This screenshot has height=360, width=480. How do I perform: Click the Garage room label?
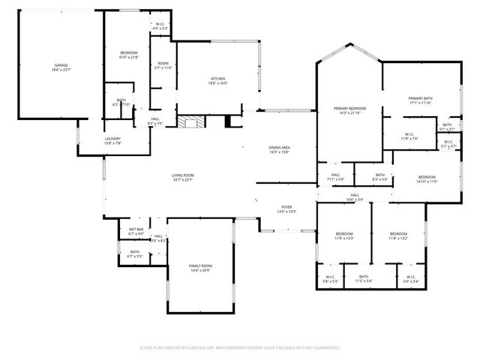(x=61, y=67)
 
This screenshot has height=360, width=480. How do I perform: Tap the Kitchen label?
(x=218, y=80)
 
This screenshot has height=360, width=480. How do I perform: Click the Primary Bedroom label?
(x=349, y=110)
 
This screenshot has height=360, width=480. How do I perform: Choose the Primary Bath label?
(x=421, y=100)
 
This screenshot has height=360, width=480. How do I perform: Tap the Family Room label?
(x=201, y=268)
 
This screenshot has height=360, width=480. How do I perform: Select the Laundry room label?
(x=112, y=140)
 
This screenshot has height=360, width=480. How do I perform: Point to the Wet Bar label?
(x=136, y=231)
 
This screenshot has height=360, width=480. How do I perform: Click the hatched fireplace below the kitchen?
(x=189, y=121)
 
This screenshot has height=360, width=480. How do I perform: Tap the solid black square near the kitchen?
(x=229, y=121)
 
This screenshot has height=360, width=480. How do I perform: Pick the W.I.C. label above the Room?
(x=160, y=27)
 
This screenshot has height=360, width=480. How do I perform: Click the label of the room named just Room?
(x=163, y=65)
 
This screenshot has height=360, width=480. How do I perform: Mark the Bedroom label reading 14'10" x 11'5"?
(x=427, y=178)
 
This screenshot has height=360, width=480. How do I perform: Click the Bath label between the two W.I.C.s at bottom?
(x=364, y=279)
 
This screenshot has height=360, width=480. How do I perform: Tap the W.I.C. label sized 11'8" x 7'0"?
(x=409, y=136)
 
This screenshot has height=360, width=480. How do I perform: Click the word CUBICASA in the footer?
(x=205, y=348)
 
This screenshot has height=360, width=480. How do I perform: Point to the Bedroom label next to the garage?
(x=128, y=54)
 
